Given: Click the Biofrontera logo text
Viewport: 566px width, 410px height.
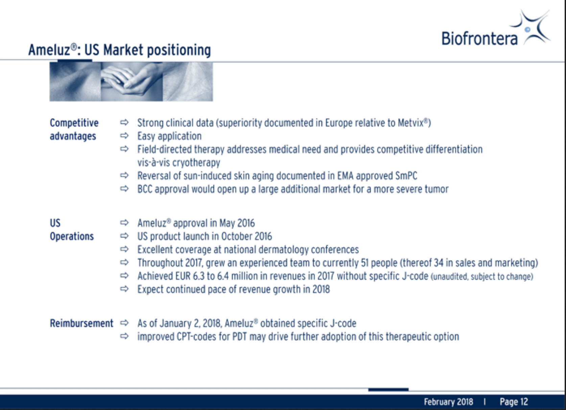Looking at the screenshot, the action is (479, 39).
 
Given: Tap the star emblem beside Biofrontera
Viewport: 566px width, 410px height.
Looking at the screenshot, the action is (530, 28).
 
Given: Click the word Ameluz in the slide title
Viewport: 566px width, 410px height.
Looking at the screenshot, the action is (49, 50).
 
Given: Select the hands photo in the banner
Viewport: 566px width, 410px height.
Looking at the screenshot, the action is (132, 81).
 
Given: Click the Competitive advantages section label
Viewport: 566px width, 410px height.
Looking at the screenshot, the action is (74, 129).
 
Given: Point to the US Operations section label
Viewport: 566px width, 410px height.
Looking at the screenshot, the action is (71, 230).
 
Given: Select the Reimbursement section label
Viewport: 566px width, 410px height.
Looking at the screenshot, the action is (81, 324).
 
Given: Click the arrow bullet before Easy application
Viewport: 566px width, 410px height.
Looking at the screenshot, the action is (124, 136).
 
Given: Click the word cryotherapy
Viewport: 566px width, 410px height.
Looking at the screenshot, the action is (196, 162).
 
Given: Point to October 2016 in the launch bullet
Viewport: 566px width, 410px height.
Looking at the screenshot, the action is (246, 236).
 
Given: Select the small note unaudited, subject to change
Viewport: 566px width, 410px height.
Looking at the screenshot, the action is (482, 277).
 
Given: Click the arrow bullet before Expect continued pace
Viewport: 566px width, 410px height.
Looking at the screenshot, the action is (124, 289).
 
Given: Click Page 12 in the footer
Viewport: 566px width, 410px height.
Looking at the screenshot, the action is (514, 402).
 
